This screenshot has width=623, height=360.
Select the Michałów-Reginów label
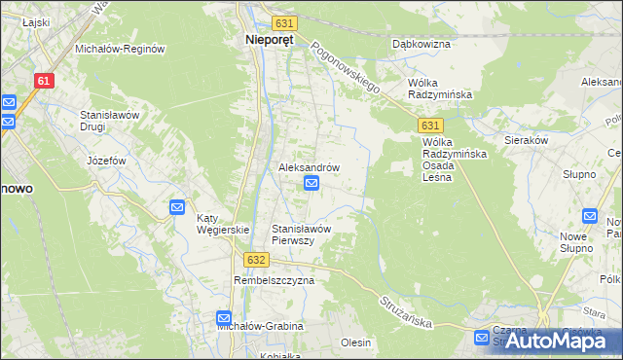[120, 49]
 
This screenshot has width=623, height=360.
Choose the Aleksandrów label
[310, 167]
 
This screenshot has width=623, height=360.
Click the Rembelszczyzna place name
[274, 280]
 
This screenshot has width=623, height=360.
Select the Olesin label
[356, 342]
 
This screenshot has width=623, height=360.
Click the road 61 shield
[43, 82]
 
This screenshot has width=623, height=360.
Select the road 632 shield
[256, 260]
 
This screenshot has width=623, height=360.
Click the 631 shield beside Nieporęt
[283, 22]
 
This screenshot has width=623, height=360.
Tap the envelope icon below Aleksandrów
[311, 183]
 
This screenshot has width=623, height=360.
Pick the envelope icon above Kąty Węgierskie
[177, 206]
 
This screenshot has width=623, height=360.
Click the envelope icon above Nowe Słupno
[590, 216]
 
